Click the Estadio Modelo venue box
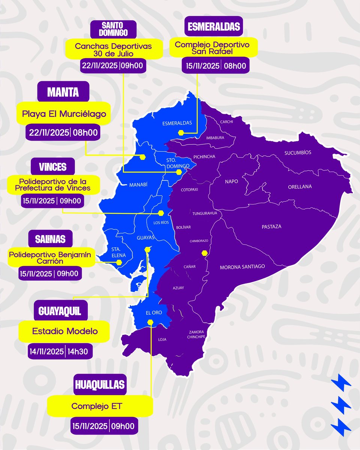point(65,331)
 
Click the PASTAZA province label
point(271,226)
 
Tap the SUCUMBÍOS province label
point(298,153)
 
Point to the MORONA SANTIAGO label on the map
point(242,267)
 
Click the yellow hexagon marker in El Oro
point(150,322)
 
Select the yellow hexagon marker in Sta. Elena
point(119,262)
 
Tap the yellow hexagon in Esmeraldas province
point(181,132)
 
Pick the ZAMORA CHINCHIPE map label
point(196,334)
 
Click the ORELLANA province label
point(300,187)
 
